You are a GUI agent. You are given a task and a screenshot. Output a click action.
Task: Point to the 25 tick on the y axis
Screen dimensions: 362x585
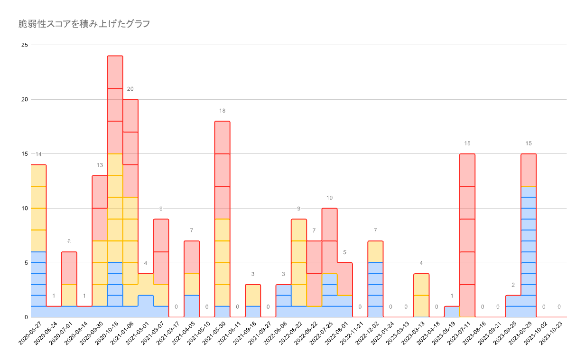[25, 45]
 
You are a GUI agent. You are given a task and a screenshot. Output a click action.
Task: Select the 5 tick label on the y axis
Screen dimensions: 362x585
[27, 263]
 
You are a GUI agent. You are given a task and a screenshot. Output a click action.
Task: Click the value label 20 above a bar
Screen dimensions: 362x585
[130, 89]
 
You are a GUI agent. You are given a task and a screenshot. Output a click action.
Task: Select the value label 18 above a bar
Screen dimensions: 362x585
[222, 111]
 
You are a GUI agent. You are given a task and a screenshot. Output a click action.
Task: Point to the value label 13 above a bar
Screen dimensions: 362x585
[100, 165]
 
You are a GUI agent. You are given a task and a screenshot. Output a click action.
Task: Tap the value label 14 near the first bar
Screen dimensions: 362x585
[38, 154]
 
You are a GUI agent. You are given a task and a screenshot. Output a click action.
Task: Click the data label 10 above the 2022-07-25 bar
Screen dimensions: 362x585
[329, 198]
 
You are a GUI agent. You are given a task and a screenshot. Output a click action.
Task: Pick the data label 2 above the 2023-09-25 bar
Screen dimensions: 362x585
[513, 285]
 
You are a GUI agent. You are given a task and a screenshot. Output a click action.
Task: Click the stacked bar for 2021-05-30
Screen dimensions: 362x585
[222, 219]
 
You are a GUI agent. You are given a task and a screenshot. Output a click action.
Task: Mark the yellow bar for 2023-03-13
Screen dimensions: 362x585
[421, 295]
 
